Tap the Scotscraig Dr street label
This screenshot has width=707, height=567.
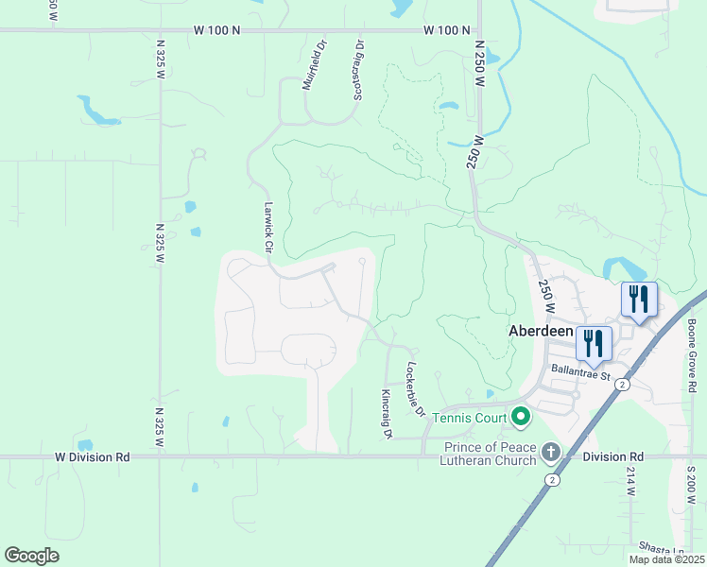(358, 70)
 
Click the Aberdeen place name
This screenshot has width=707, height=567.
(541, 333)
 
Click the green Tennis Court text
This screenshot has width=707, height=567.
(471, 416)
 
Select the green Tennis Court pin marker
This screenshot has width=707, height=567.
(521, 416)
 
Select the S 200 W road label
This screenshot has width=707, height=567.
(691, 487)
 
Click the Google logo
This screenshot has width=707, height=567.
(31, 556)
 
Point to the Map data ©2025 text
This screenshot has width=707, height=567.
(665, 559)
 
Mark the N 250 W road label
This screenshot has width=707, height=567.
(479, 63)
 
